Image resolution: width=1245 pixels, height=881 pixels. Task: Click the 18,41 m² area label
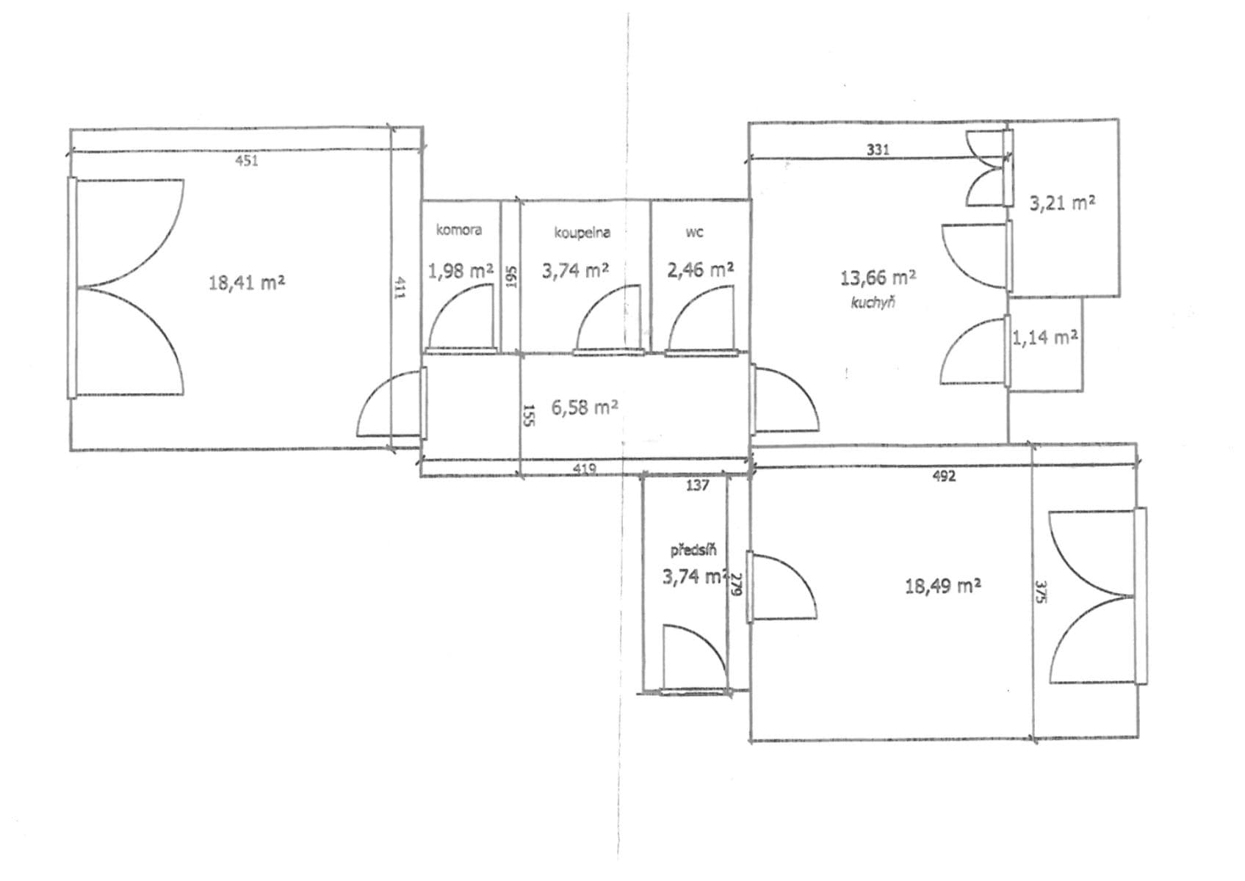247,282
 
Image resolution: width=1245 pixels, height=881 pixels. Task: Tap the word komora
459,230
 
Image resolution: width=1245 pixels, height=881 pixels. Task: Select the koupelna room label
582,233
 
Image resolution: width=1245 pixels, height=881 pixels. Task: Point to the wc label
694,233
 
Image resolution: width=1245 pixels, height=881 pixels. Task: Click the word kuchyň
873,302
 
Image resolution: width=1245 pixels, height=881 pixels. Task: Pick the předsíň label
693,550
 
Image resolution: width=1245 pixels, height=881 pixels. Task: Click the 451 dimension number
246,161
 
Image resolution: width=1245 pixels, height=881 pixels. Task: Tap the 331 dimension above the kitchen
878,150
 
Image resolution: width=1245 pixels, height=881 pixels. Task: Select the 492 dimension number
944,476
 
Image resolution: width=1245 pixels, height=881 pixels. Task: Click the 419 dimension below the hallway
584,468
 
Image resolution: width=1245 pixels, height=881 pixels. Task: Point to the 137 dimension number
697,485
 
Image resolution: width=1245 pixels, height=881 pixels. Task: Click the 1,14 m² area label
1044,338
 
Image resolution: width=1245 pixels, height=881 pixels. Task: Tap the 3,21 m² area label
1062,203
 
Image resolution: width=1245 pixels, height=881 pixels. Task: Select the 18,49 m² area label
943,586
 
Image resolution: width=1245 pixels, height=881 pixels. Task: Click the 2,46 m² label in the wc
700,270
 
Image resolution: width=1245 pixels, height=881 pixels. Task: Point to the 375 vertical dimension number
1040,592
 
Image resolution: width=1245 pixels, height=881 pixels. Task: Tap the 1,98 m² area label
461,271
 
